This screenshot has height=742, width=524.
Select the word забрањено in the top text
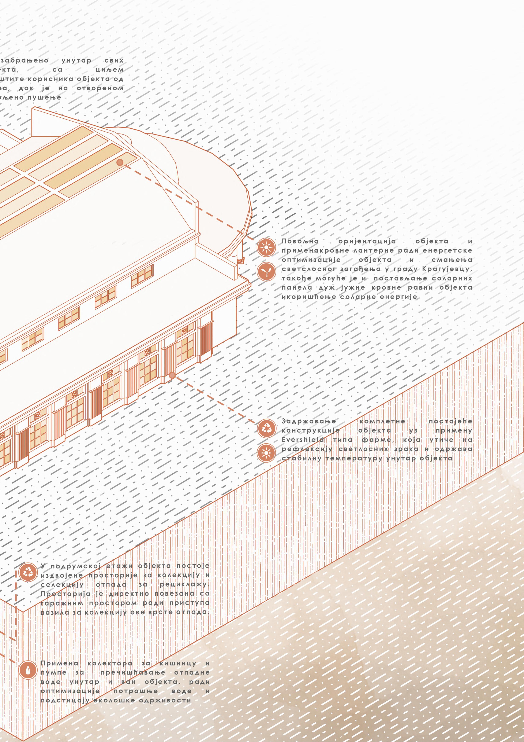[25, 60]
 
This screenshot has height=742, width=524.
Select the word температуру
[345, 458]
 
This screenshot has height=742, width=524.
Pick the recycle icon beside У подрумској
[28, 572]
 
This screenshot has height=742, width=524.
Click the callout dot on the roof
[120, 162]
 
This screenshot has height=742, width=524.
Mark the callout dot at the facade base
[172, 375]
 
